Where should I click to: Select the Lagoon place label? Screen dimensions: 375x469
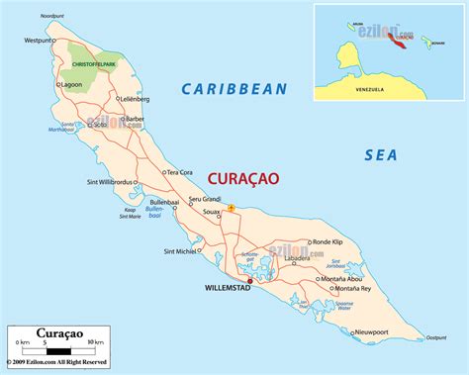tap(71, 85)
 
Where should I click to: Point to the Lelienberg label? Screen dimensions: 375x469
tap(135, 100)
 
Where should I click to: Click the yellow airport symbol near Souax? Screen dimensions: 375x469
tap(231, 208)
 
